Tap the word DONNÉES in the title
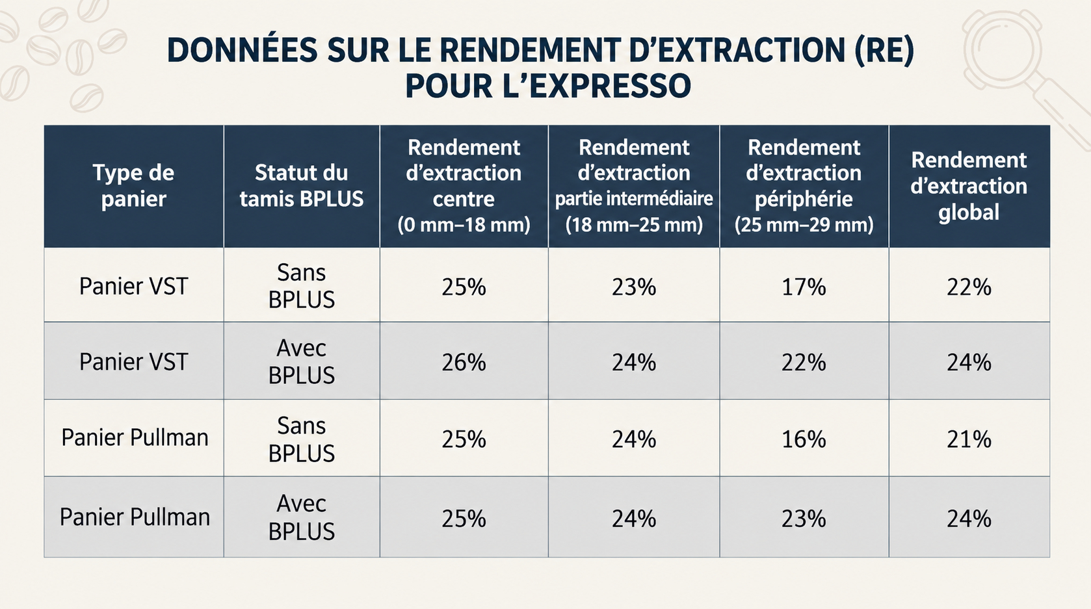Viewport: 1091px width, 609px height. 242,49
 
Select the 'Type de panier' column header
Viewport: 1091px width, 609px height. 133,186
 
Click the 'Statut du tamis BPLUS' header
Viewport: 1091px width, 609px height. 302,186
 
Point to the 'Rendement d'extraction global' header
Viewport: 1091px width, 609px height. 969,186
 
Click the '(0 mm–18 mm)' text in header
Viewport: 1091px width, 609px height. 464,225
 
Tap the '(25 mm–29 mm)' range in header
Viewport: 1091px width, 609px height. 804,225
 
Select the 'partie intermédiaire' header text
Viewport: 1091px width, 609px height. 634,199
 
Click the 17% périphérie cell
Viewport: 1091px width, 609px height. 804,287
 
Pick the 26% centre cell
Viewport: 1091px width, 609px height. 464,363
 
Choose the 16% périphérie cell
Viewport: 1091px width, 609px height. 804,439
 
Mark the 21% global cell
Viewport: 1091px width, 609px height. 969,439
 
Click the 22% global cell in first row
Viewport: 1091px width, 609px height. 969,287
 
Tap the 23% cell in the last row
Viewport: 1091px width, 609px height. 804,519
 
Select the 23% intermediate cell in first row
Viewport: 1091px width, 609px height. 634,287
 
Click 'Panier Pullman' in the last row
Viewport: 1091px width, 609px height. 135,517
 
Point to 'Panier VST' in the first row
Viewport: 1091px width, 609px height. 133,286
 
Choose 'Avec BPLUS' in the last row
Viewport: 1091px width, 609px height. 302,517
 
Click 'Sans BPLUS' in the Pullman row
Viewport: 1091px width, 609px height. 302,439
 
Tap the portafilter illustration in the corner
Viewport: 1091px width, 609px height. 1013,63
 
